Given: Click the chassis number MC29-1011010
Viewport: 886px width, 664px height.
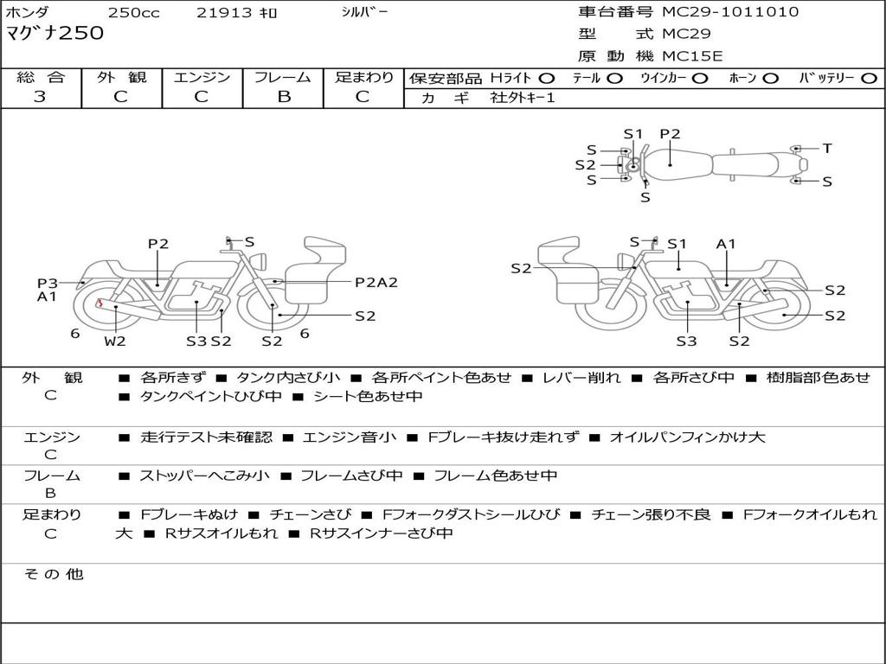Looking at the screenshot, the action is pyautogui.click(x=730, y=12).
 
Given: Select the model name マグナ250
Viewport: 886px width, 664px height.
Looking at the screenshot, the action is pyautogui.click(x=55, y=34).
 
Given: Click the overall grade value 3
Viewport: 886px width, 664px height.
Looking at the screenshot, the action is pyautogui.click(x=40, y=97).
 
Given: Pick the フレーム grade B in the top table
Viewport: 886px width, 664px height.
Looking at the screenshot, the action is pyautogui.click(x=283, y=97).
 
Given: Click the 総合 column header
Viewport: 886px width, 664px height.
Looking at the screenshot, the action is pyautogui.click(x=41, y=78).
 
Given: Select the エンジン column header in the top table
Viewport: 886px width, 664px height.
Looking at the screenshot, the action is pyautogui.click(x=202, y=78).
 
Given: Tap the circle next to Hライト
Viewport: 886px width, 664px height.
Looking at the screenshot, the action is pyautogui.click(x=547, y=79).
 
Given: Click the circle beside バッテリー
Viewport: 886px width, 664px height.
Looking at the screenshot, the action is pyautogui.click(x=868, y=79).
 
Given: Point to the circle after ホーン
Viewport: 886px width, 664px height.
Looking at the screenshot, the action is pyautogui.click(x=771, y=79).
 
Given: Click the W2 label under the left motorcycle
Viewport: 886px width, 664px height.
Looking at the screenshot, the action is pyautogui.click(x=115, y=341).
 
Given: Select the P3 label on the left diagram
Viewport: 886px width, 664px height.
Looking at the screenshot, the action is pyautogui.click(x=47, y=283).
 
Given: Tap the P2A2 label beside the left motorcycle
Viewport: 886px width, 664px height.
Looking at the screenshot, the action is pyautogui.click(x=376, y=282).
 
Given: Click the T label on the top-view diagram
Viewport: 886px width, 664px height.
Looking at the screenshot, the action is pyautogui.click(x=827, y=149).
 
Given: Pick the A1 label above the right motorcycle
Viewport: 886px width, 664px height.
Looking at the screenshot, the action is pyautogui.click(x=725, y=244).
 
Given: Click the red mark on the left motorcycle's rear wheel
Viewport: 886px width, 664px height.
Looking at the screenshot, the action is pyautogui.click(x=100, y=303).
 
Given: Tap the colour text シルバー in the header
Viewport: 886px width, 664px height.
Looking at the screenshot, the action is pyautogui.click(x=364, y=12).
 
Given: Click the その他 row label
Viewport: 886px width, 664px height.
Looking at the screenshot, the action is pyautogui.click(x=53, y=574).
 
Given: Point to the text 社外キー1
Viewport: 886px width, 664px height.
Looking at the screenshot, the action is pyautogui.click(x=523, y=98).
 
